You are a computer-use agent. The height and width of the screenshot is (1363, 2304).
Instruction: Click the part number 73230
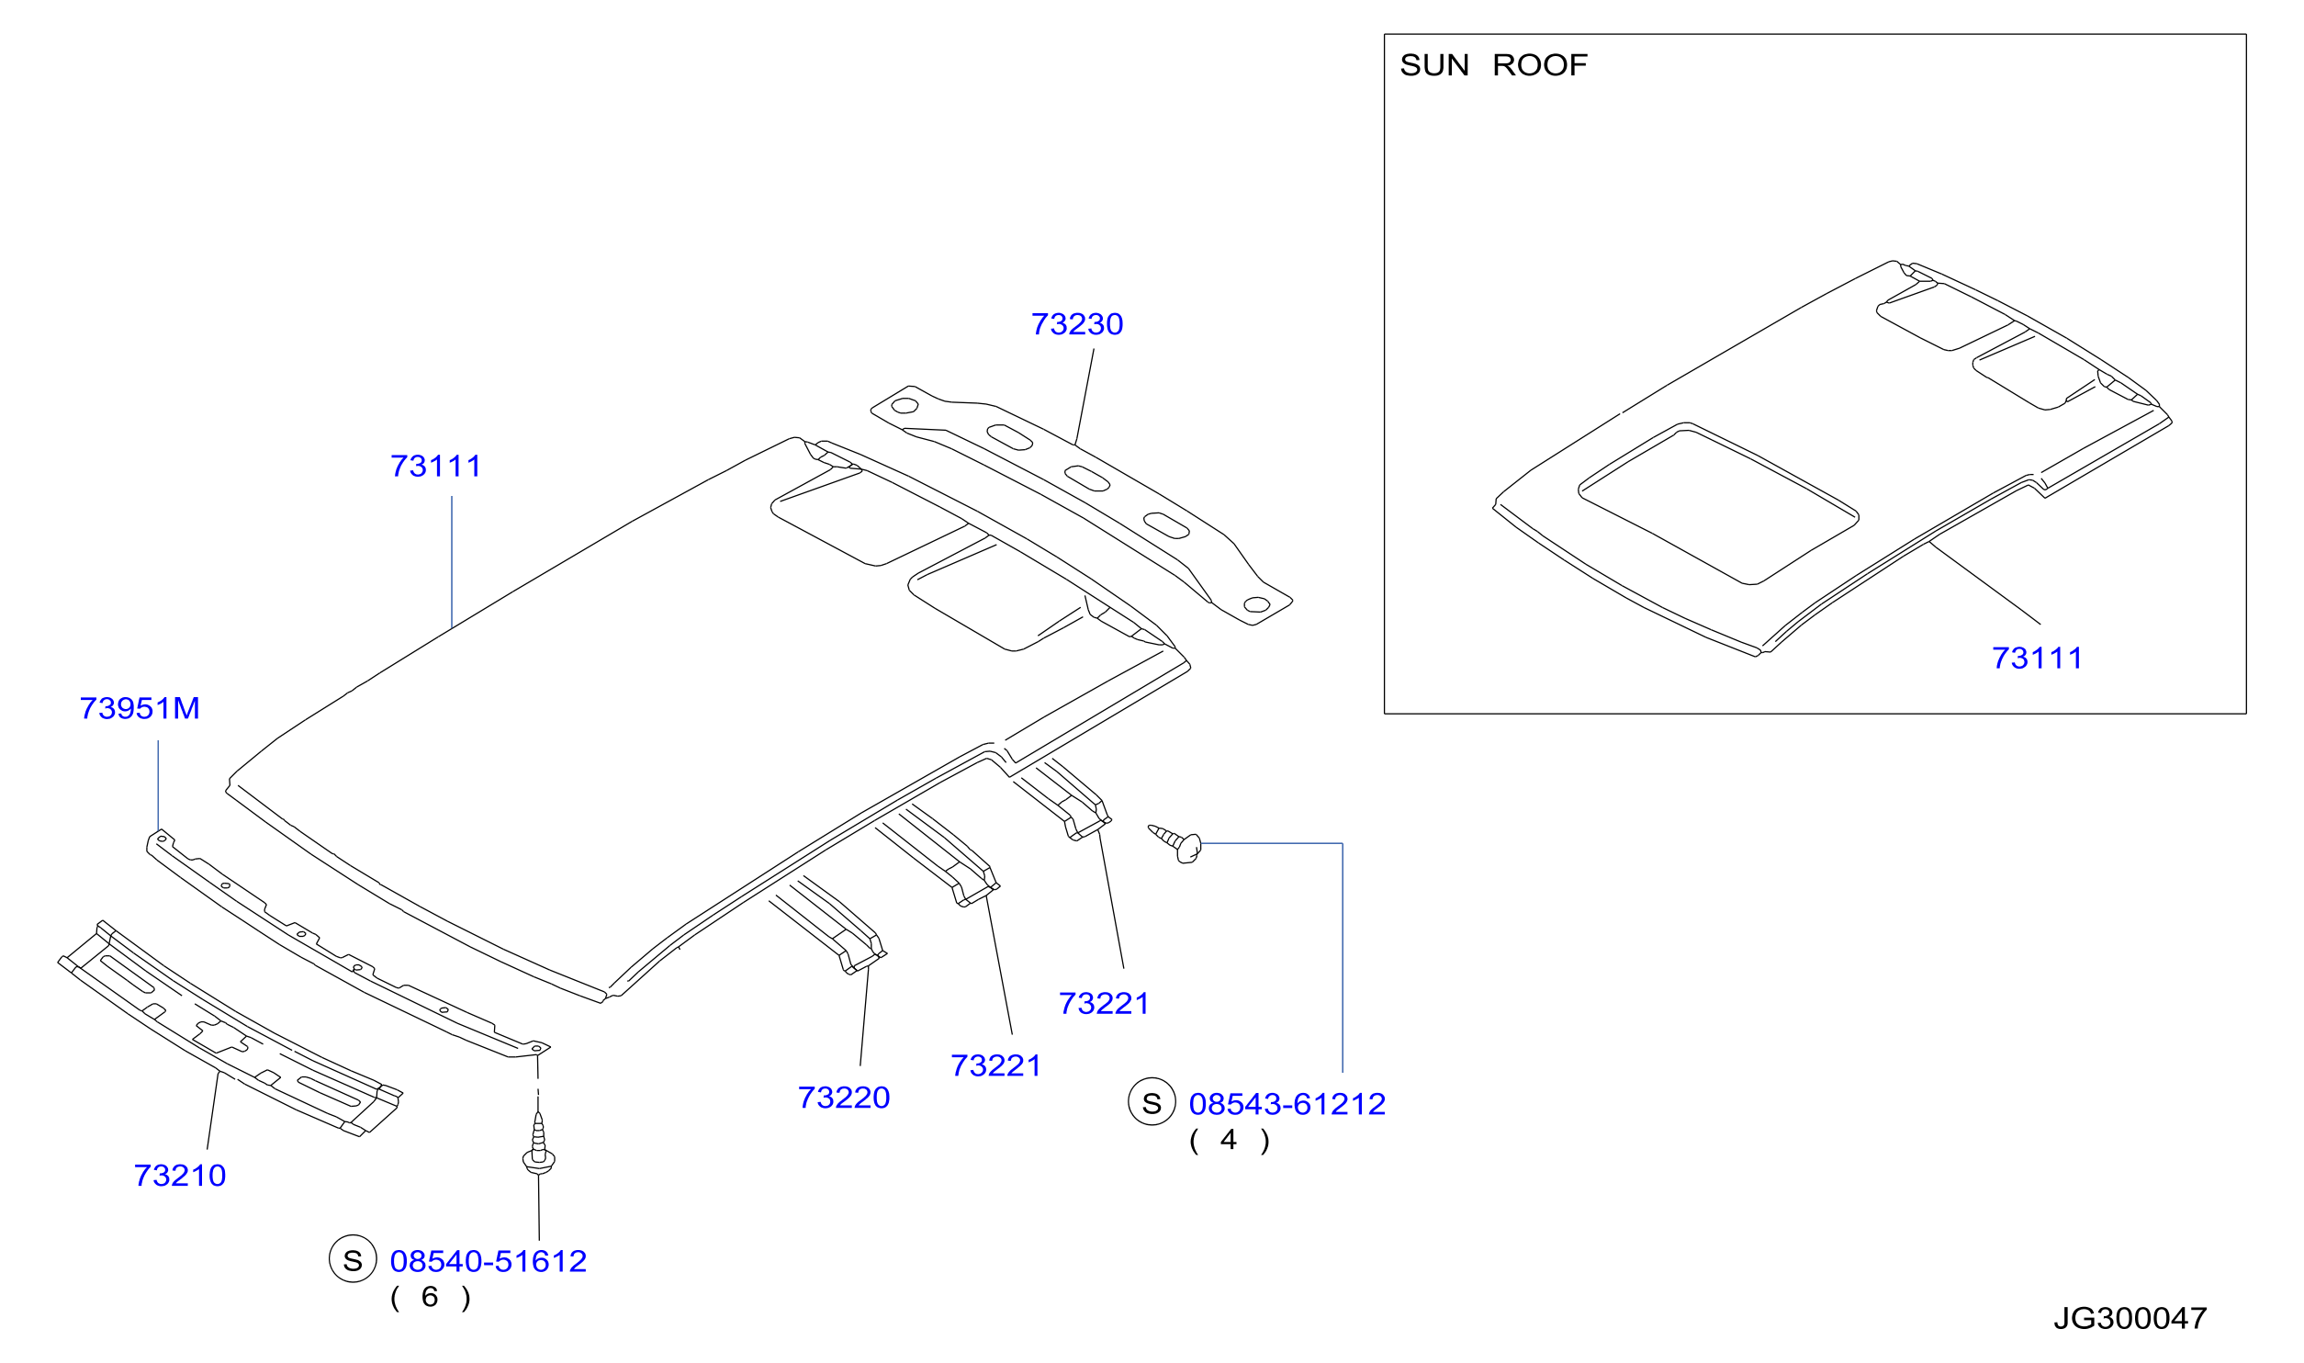(x=1077, y=324)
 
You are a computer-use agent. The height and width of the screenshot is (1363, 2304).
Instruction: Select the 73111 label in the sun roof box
(x=2038, y=659)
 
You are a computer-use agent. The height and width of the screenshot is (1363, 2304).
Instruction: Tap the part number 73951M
(x=140, y=709)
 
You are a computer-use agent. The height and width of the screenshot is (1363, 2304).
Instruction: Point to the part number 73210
(x=180, y=1176)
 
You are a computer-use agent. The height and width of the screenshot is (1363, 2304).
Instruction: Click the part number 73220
(x=844, y=1098)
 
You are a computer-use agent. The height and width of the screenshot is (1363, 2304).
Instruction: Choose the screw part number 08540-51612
(x=489, y=1262)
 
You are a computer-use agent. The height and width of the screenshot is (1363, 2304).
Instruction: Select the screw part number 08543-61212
(x=1287, y=1104)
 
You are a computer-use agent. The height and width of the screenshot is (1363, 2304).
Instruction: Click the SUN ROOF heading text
(x=1494, y=65)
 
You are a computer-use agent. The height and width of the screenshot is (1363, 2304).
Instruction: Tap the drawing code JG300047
(x=2130, y=1319)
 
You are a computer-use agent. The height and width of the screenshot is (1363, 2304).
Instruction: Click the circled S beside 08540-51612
(x=353, y=1261)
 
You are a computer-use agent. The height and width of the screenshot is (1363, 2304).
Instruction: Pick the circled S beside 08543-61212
(x=1152, y=1102)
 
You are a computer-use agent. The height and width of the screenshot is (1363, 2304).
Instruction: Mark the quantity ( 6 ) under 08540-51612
(x=431, y=1298)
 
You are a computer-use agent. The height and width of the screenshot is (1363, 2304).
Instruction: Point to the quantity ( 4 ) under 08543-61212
(x=1230, y=1141)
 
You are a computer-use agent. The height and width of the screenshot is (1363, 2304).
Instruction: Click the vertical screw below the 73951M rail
(x=538, y=1143)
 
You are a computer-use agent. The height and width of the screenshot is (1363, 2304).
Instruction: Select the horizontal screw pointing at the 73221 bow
(x=1176, y=843)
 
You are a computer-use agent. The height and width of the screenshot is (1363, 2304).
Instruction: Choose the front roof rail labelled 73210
(x=230, y=1029)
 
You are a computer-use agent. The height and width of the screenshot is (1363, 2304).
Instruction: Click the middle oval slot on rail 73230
(x=1087, y=479)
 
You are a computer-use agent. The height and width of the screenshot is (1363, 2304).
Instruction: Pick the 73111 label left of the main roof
(x=436, y=467)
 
